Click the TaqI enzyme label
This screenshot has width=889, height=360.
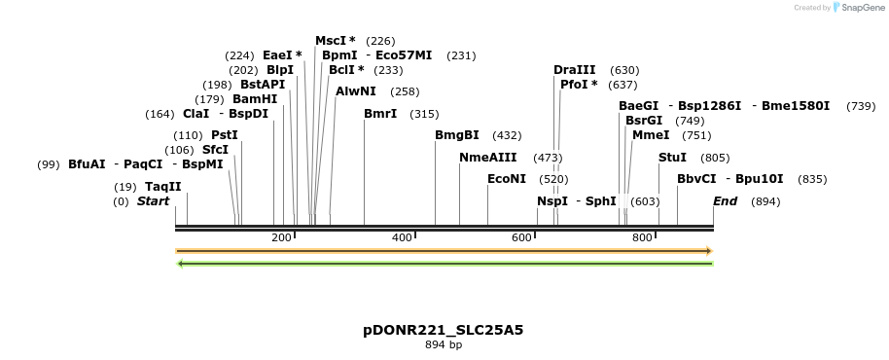click(x=162, y=187)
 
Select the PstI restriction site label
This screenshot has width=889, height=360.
click(x=225, y=135)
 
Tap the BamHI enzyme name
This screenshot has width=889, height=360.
click(x=255, y=99)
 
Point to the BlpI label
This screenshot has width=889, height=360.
click(x=280, y=70)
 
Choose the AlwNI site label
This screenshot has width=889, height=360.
click(x=356, y=91)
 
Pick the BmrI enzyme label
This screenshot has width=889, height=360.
click(x=380, y=114)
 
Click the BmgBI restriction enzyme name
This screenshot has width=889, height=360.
click(x=457, y=135)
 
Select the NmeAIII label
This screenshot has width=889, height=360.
click(x=488, y=158)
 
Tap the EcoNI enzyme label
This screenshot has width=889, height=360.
click(x=507, y=179)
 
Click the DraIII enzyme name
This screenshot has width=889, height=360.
click(x=575, y=70)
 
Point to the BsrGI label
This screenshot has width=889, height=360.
click(x=644, y=121)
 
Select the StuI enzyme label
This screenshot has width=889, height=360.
click(x=672, y=158)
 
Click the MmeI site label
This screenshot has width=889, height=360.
click(x=651, y=135)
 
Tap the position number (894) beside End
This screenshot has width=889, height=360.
click(x=765, y=201)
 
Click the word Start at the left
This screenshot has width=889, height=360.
click(x=153, y=201)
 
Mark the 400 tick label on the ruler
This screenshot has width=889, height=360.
click(x=401, y=238)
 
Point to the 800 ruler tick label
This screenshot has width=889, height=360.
click(x=642, y=238)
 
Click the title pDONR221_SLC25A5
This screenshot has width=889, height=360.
click(x=443, y=330)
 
